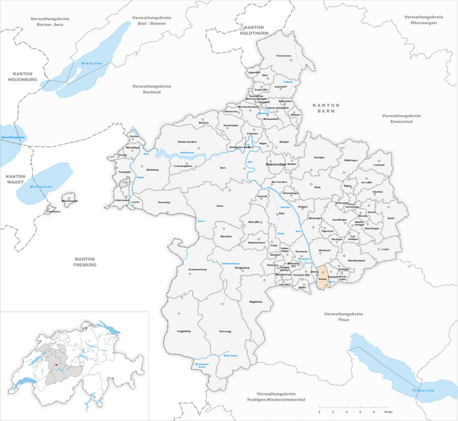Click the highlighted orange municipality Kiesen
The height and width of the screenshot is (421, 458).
point(323,274)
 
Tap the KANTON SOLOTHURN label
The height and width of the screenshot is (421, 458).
point(250,11)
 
